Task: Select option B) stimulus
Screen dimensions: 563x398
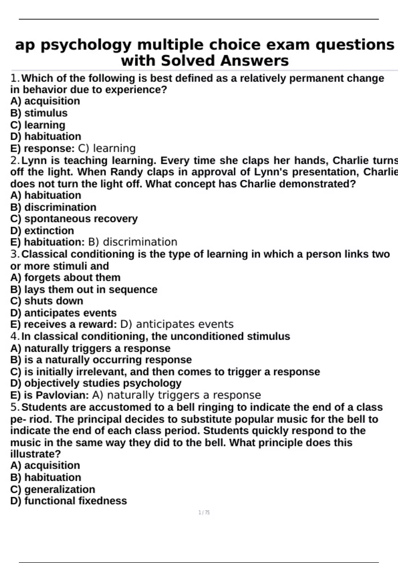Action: tap(39, 113)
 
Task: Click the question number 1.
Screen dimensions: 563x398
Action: tap(15, 78)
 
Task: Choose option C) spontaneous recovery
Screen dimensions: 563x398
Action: tap(74, 219)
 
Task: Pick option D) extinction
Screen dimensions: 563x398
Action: tap(42, 230)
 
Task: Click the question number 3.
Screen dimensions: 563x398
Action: tap(15, 254)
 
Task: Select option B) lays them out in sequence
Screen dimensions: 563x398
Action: tap(84, 289)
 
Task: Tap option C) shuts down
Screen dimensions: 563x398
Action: tap(46, 301)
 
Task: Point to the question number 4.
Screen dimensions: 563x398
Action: tap(15, 336)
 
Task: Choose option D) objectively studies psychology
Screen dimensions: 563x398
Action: tap(96, 383)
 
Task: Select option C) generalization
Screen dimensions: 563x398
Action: tap(52, 489)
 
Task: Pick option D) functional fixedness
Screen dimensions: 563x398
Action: tap(68, 501)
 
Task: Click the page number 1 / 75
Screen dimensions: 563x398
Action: tap(204, 513)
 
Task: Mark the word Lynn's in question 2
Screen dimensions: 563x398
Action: tap(274, 172)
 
